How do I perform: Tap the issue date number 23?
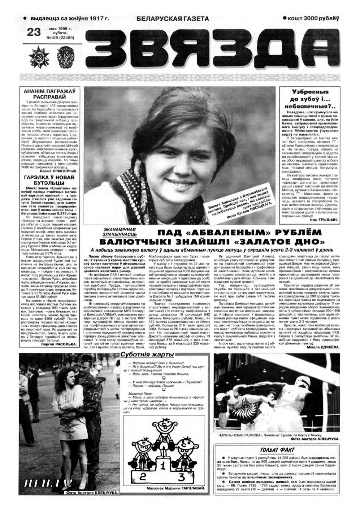[34, 32]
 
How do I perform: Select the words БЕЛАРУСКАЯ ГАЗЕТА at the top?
[173, 19]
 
